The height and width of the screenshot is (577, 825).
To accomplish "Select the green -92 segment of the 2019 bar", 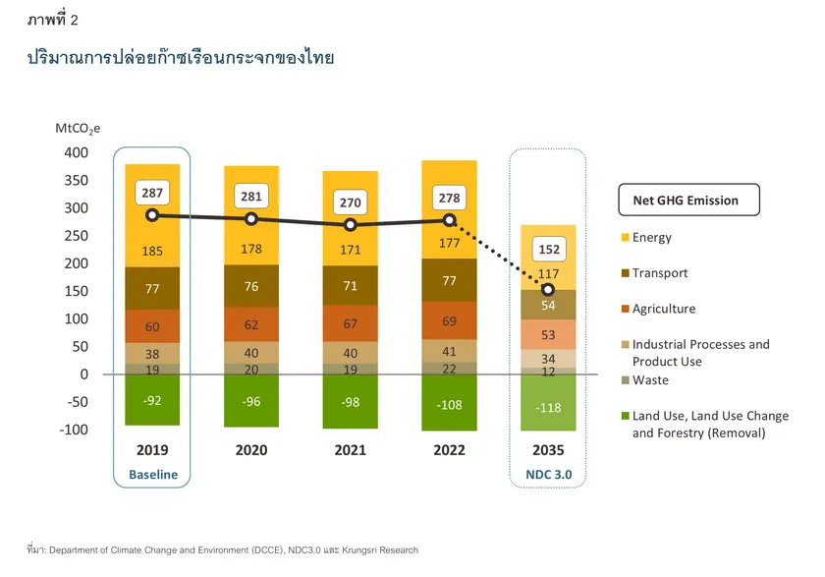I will [x=151, y=400].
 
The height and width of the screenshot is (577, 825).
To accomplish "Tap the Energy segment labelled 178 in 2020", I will [x=250, y=249].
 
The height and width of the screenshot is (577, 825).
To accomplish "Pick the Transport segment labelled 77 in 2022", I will [x=449, y=281].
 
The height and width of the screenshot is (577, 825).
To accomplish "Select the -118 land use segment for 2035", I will [x=548, y=407].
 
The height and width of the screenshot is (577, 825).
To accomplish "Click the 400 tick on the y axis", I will [x=76, y=153].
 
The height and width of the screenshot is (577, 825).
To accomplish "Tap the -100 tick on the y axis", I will [x=73, y=430].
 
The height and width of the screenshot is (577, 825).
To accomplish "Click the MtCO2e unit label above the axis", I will [x=78, y=128].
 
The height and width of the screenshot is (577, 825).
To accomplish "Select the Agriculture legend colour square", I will [x=624, y=310].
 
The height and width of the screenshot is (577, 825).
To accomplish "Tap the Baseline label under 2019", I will [x=153, y=475].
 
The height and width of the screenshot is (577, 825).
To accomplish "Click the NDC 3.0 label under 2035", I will [x=548, y=475].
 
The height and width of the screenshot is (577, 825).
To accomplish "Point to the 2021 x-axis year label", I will [x=350, y=451].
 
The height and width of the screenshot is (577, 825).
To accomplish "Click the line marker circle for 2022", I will [x=450, y=222].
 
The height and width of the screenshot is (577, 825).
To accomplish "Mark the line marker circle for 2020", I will [x=250, y=219].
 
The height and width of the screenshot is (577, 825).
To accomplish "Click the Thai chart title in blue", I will [x=182, y=58].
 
